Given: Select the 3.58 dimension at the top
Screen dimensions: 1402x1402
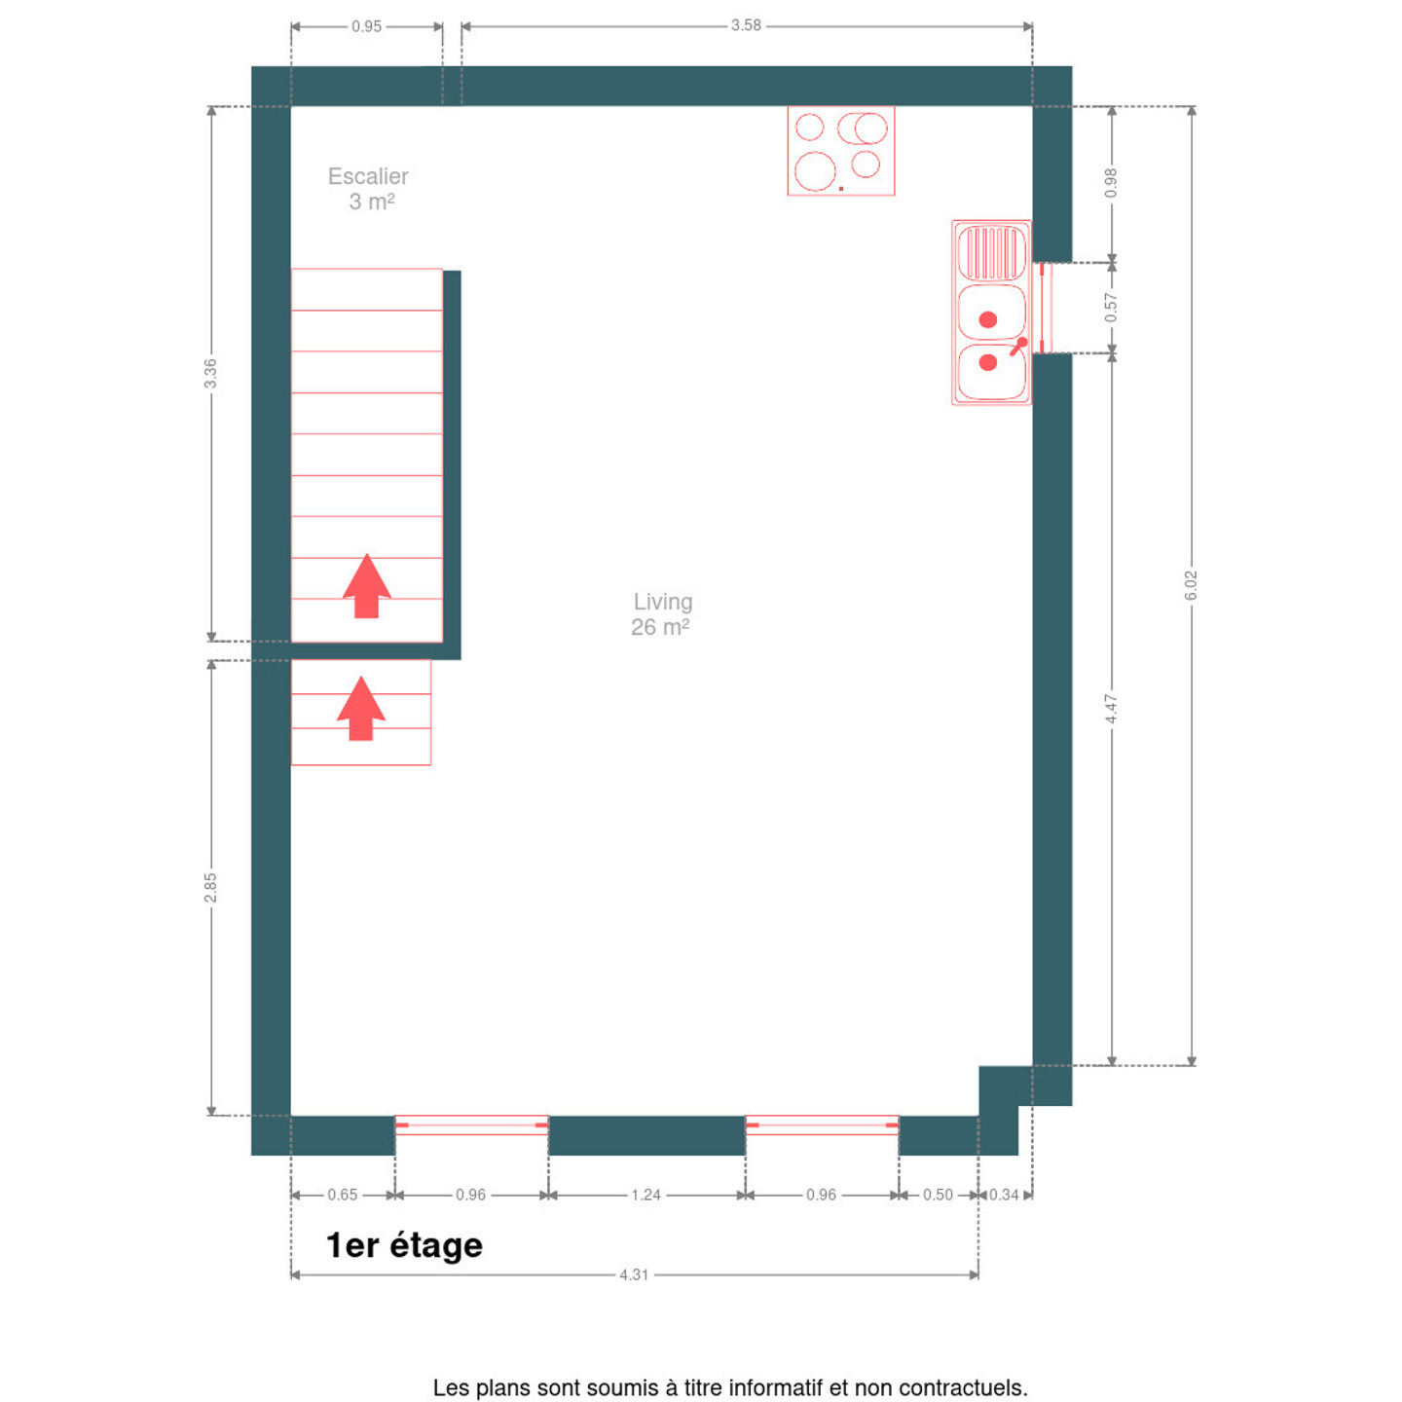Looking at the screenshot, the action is tap(746, 25).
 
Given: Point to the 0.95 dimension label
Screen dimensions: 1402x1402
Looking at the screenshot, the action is tap(366, 26).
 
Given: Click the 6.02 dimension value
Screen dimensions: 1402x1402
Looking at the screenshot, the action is tap(1191, 586).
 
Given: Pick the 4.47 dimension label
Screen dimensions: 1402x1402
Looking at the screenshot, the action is tap(1111, 709).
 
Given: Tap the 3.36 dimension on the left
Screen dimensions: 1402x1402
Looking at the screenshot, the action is tap(210, 373).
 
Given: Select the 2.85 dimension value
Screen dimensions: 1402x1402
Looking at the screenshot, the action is tap(210, 888).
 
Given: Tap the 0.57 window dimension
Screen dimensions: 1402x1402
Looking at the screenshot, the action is tap(1111, 307).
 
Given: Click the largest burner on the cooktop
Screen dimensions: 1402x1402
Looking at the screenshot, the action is tap(815, 171).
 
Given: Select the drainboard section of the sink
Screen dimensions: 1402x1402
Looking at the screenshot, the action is tap(991, 253).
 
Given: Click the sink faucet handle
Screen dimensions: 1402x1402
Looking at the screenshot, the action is tap(1017, 347).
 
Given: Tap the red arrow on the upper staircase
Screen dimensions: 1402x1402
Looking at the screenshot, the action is tap(367, 586).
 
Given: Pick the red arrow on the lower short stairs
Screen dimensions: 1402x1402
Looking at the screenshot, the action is tap(361, 709).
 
